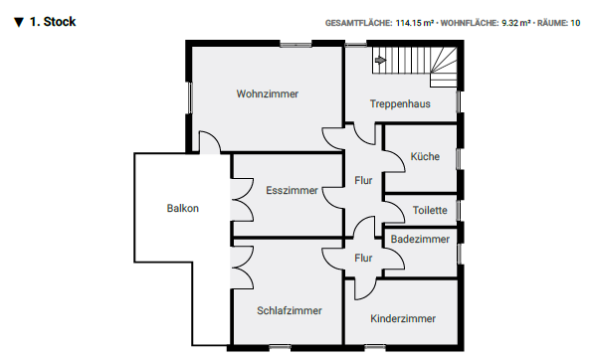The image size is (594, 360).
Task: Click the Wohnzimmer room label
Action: (268, 93)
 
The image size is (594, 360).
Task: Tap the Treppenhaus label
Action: (400, 103)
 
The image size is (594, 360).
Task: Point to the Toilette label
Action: (430, 211)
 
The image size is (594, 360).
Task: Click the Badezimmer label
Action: (420, 239)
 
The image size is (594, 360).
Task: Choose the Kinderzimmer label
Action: (403, 318)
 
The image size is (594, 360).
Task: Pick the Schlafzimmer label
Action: (290, 310)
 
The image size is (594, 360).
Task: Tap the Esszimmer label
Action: (293, 189)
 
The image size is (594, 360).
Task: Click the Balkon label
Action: (183, 208)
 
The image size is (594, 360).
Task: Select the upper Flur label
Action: (363, 180)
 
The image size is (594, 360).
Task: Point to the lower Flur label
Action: (363, 258)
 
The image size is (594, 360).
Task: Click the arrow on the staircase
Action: (380, 61)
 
